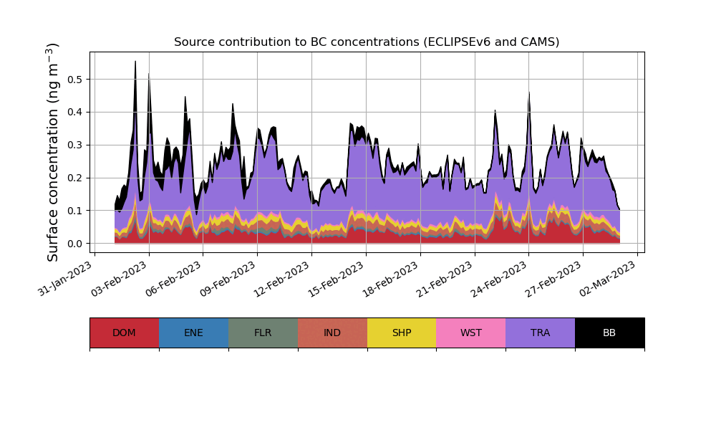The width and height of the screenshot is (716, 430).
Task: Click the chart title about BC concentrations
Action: click(x=367, y=42)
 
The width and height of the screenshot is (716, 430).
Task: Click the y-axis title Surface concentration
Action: click(x=53, y=152)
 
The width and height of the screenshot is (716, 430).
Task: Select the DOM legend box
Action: click(x=124, y=333)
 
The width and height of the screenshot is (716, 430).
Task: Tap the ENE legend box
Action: click(x=193, y=333)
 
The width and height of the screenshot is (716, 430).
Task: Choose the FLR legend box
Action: click(x=263, y=333)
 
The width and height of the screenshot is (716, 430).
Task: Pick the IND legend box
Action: click(x=332, y=333)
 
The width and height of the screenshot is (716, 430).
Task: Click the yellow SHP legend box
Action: click(x=402, y=333)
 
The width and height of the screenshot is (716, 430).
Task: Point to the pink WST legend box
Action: click(x=470, y=333)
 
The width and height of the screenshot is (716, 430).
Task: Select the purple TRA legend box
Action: click(x=540, y=333)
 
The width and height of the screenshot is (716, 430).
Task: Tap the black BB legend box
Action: click(x=609, y=333)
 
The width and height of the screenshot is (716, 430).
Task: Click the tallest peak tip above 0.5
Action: click(x=135, y=62)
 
